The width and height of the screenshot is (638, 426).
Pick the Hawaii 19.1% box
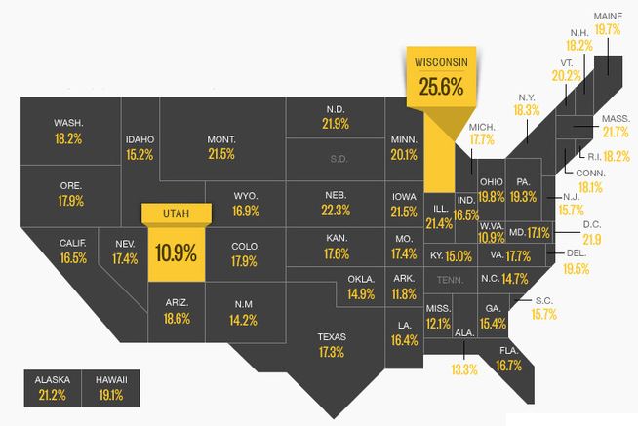click(x=110, y=388)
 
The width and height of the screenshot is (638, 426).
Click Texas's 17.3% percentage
click(x=332, y=351)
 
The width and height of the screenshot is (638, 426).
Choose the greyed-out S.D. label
click(x=339, y=158)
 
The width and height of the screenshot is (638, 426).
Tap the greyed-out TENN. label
click(x=450, y=280)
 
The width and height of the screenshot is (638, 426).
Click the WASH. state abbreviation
click(x=68, y=123)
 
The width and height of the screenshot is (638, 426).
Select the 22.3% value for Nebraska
click(x=336, y=211)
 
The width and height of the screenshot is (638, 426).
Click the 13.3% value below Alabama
click(x=464, y=369)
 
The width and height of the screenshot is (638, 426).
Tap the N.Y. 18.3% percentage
click(x=526, y=110)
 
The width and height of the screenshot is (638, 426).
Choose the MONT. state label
click(x=221, y=139)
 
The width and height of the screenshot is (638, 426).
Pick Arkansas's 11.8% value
click(x=404, y=293)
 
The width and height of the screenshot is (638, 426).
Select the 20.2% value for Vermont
click(x=567, y=74)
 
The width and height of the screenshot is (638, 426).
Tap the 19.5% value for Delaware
click(x=577, y=268)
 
